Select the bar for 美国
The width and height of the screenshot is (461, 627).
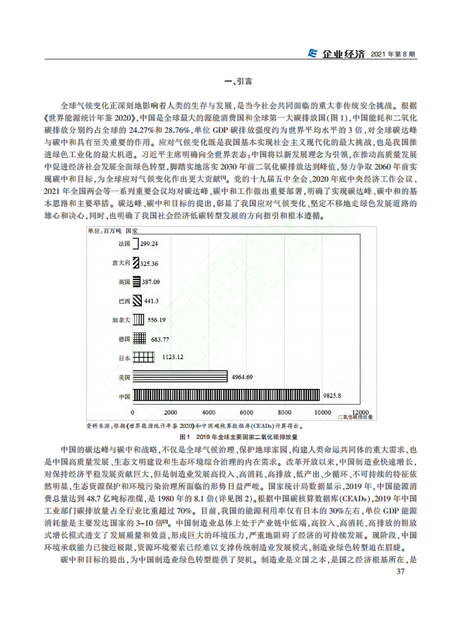[x=180, y=376]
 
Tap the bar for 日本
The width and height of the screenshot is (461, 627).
[x=143, y=357]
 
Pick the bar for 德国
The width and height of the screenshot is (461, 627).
[x=140, y=338]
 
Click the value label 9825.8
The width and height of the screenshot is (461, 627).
[x=333, y=396]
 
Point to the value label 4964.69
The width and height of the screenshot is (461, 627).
[x=242, y=377]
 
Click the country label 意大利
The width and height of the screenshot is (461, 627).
[x=121, y=263]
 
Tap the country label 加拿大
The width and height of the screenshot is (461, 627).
[x=121, y=320]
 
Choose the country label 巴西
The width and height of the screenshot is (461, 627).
[x=123, y=301]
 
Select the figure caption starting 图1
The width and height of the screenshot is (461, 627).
[x=230, y=436]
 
